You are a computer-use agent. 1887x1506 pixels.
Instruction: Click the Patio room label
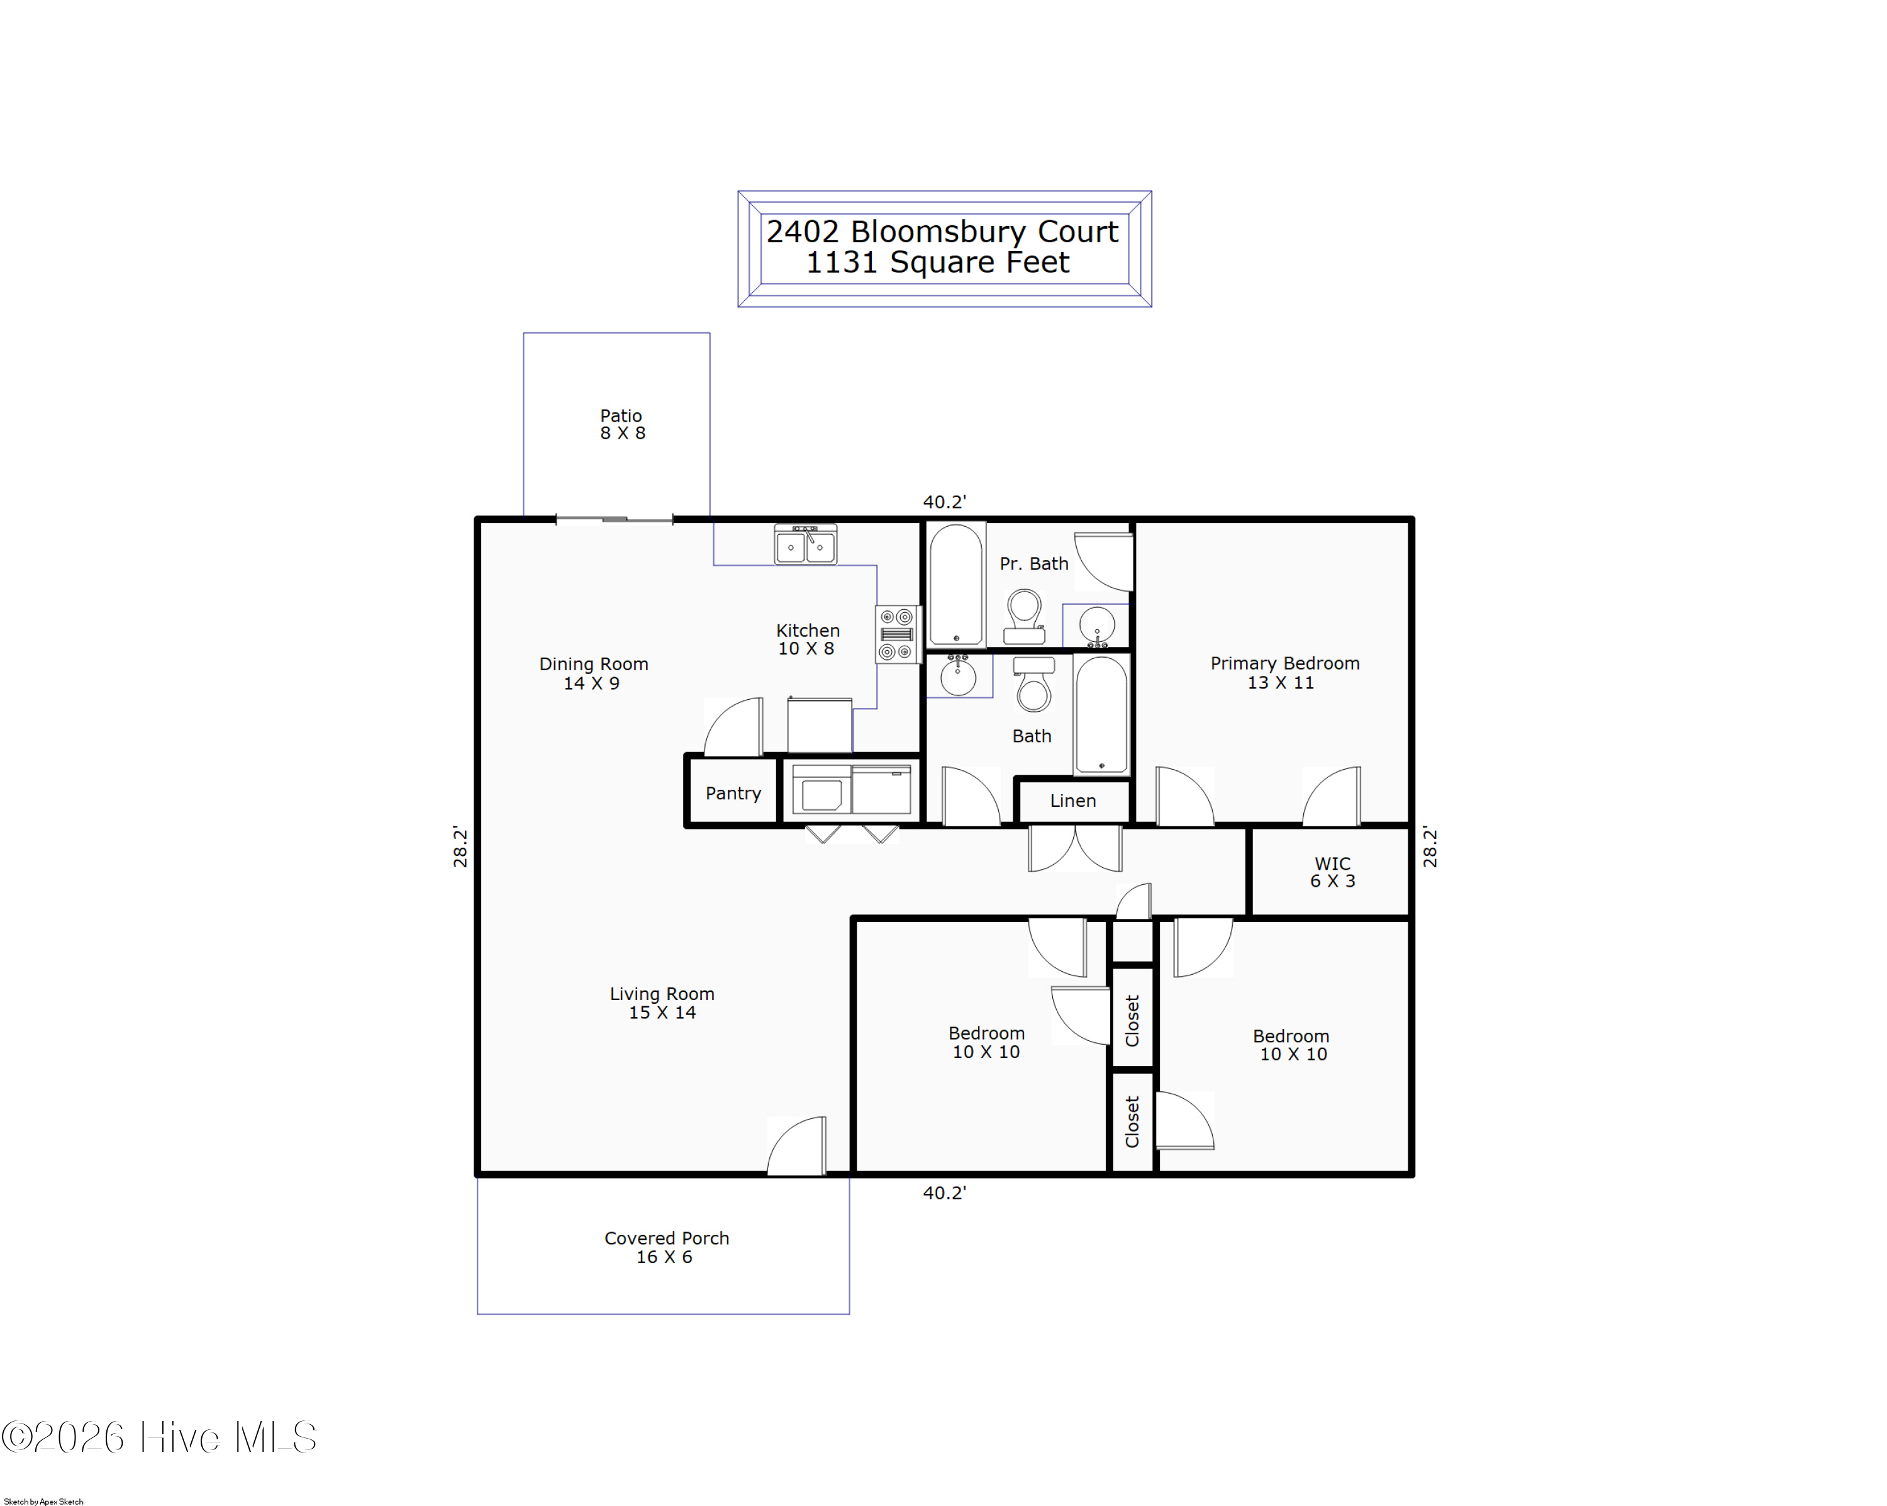[621, 424]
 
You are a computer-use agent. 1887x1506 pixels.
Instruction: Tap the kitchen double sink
[805, 544]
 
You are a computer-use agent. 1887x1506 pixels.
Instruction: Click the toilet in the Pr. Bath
[1024, 616]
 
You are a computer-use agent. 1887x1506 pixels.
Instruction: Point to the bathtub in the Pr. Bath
[957, 585]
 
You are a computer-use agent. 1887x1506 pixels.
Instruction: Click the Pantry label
[733, 793]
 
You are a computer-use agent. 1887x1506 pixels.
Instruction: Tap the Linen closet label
[1073, 801]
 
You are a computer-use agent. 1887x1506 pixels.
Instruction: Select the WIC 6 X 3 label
[1332, 872]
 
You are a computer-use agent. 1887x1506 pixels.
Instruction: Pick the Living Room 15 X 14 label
[662, 1003]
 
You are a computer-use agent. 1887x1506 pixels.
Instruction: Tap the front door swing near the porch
[796, 1145]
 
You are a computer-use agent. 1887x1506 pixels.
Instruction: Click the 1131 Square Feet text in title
[937, 262]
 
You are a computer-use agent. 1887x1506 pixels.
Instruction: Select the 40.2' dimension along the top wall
[944, 502]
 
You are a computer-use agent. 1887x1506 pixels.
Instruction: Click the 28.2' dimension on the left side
[460, 846]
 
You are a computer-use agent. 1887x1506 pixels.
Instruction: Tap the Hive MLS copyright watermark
[159, 1437]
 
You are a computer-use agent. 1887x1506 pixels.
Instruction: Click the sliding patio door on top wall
[615, 520]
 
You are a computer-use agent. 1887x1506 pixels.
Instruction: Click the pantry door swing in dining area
[733, 727]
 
